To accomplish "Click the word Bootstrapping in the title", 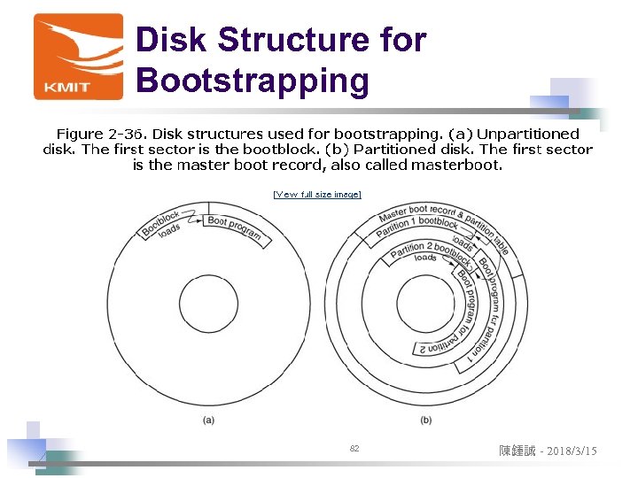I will (252, 81).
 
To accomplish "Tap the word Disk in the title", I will (171, 40).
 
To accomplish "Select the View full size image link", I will (317, 194).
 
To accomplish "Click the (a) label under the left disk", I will (208, 419).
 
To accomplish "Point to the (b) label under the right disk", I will (426, 419).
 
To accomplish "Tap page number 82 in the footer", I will (354, 450).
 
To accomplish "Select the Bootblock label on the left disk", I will (160, 222).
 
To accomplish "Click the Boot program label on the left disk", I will (235, 227).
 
